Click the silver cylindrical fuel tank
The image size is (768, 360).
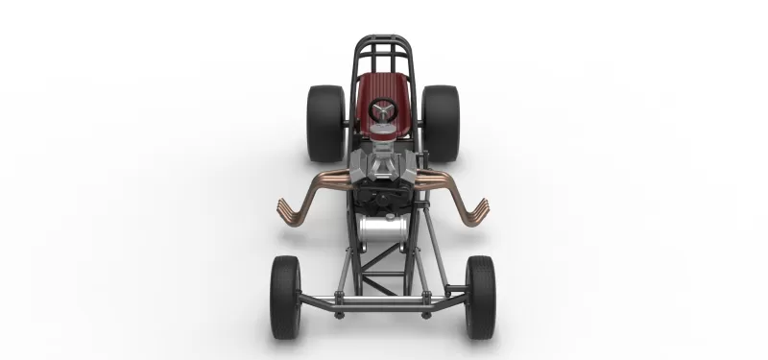click(383, 230)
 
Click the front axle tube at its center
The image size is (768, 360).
click(383, 304)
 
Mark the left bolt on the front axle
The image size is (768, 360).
click(338, 312)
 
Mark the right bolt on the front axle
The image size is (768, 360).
click(427, 312)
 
